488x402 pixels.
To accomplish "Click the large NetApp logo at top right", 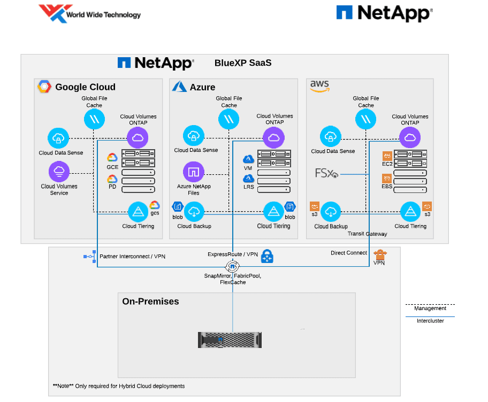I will coord(384,13).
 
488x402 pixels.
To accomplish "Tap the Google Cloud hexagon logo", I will coord(44,87).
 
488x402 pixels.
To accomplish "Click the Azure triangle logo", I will coord(179,87).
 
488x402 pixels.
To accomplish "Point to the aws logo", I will coord(319,86).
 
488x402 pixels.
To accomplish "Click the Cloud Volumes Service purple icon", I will coord(59,172).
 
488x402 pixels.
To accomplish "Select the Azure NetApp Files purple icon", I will coord(193,172).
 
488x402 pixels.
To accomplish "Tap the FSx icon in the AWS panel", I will coord(326,174).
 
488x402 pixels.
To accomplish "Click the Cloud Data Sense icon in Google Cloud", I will coord(58,138).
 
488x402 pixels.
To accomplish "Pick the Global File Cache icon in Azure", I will coord(229,119).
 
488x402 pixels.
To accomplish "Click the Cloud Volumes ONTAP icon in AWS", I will coord(410,138).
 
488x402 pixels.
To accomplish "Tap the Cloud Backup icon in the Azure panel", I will coord(194,211).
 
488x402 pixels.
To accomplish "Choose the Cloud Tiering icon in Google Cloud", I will coord(138,211).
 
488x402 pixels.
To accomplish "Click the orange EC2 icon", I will coord(387,156).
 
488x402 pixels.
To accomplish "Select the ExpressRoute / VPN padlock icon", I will coord(266,257).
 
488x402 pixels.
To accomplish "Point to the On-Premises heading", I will coord(150,301).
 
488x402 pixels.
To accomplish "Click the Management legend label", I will coord(430,308).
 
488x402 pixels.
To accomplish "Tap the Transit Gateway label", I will coord(367,234).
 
